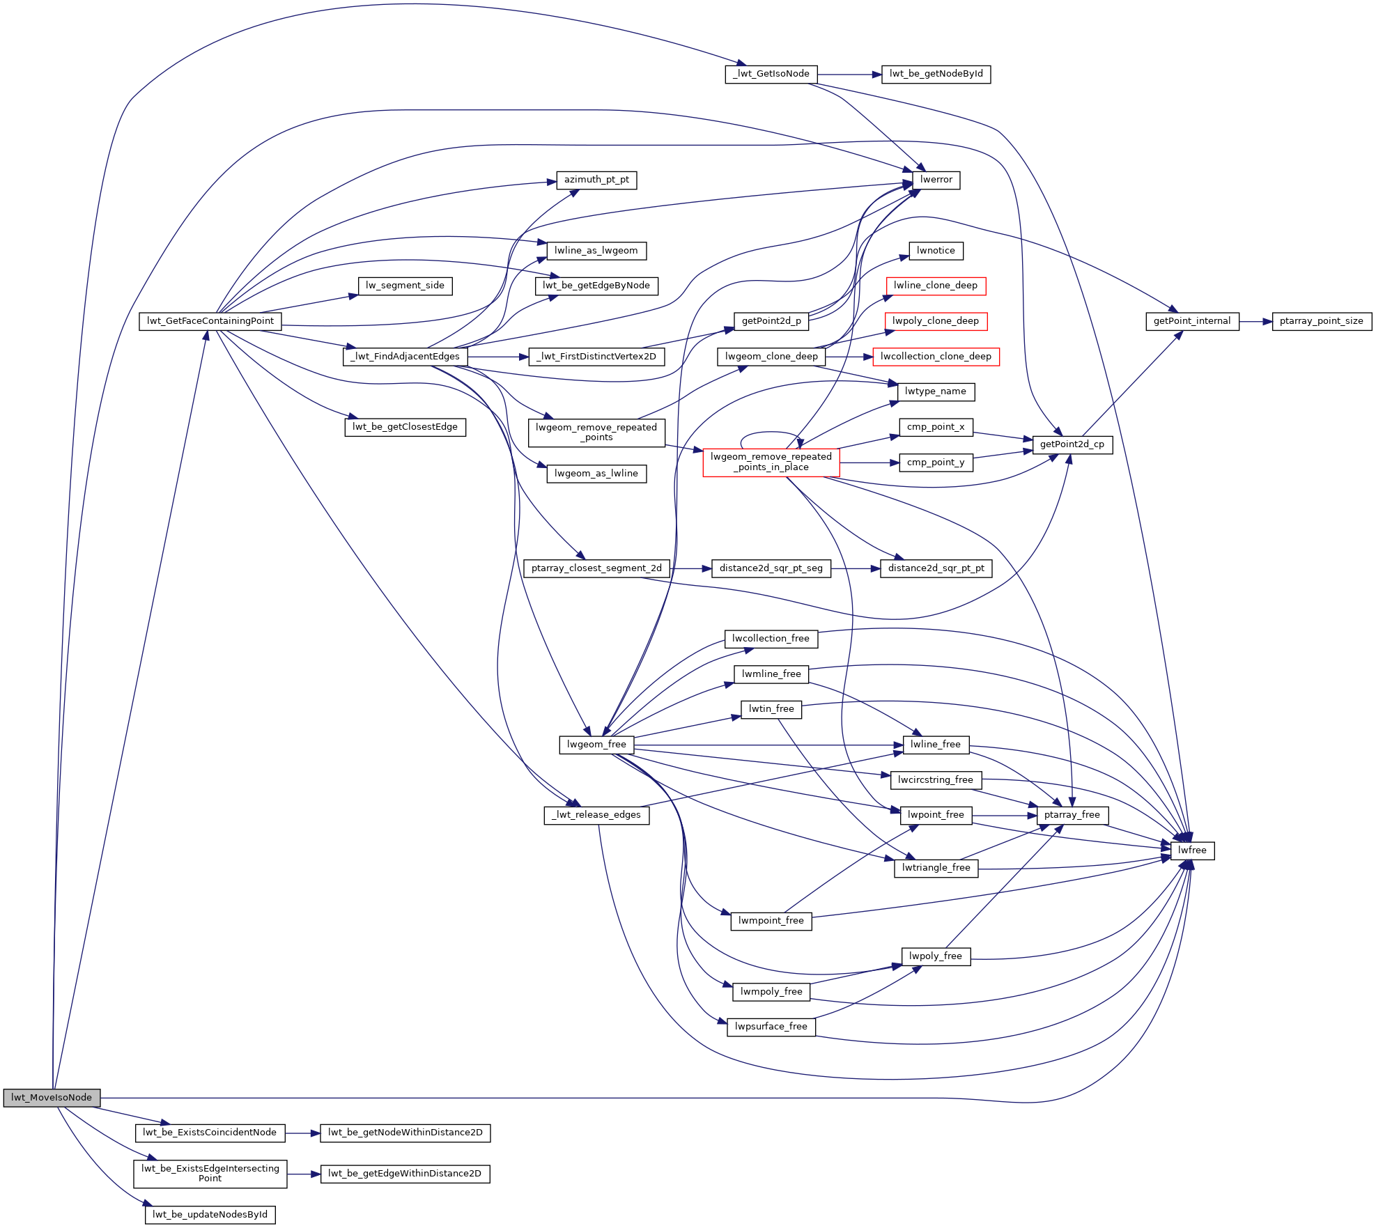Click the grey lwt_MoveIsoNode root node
pos(52,1098)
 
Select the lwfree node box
pos(1192,850)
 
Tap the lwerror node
pos(936,180)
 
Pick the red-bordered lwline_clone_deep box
pos(936,286)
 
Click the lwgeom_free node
pos(596,745)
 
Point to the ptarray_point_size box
pos(1321,321)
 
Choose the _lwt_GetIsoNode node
pos(771,74)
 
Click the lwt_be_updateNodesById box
pos(210,1215)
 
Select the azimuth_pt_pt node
pos(596,180)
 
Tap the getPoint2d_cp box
pos(1072,444)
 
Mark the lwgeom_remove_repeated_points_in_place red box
pos(771,462)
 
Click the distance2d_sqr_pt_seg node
pos(771,568)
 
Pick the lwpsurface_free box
pos(771,1027)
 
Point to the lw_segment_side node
pos(405,286)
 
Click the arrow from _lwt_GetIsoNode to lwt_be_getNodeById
pos(849,75)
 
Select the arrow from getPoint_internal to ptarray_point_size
pos(1255,322)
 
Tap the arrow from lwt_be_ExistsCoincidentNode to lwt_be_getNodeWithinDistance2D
pos(302,1133)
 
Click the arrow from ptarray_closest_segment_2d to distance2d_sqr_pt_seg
pos(690,569)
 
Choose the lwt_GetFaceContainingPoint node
pos(210,321)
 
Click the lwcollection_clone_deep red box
pos(936,357)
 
